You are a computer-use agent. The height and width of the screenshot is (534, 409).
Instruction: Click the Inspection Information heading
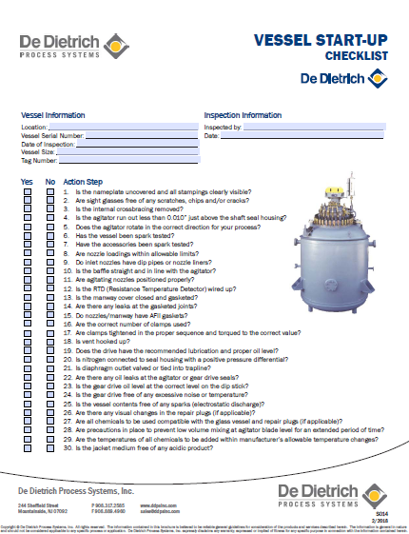pos(243,114)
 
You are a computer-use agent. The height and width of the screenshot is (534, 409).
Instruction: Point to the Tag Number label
pos(40,160)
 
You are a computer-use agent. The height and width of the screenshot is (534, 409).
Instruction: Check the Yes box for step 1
pos(28,191)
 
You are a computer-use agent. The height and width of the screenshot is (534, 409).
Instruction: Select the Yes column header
pos(27,181)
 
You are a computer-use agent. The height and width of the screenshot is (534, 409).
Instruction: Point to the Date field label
pos(211,136)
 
